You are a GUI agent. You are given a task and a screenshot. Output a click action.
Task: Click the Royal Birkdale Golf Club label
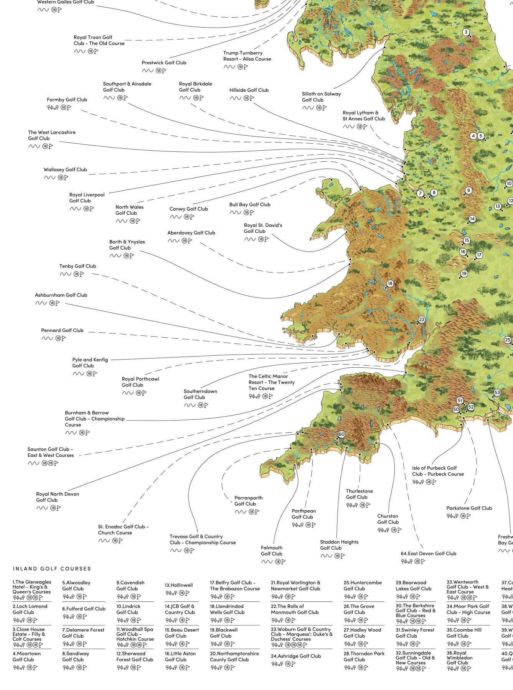(195, 87)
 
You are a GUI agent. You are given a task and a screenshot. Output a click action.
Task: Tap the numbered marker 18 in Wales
(390, 284)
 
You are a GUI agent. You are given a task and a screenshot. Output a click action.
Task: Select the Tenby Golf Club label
(78, 266)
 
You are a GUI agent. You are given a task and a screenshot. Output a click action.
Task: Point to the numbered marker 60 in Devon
(341, 434)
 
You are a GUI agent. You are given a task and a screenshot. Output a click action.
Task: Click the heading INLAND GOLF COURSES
(52, 569)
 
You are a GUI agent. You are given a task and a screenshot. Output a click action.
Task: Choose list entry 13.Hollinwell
(178, 585)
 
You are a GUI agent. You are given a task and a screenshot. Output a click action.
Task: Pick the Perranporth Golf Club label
(248, 501)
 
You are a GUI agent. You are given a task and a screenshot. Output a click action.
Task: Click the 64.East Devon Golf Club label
(428, 554)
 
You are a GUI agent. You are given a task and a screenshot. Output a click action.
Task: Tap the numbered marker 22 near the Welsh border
(422, 319)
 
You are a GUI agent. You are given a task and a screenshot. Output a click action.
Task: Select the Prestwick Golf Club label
(163, 63)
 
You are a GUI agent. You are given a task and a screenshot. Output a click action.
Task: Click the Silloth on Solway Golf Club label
(321, 97)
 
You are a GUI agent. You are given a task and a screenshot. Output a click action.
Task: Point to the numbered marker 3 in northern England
(466, 32)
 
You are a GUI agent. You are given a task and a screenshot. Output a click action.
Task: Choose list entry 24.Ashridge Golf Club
(295, 656)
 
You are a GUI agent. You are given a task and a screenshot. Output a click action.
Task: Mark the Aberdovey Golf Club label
(191, 233)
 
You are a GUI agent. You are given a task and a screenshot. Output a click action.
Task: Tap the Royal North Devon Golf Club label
(57, 497)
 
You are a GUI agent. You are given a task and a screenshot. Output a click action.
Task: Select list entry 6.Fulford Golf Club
(83, 609)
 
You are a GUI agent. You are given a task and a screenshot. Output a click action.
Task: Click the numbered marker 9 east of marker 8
(468, 191)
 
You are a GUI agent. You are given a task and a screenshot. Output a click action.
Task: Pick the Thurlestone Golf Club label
(359, 494)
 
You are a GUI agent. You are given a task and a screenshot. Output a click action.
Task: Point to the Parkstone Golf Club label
(469, 508)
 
